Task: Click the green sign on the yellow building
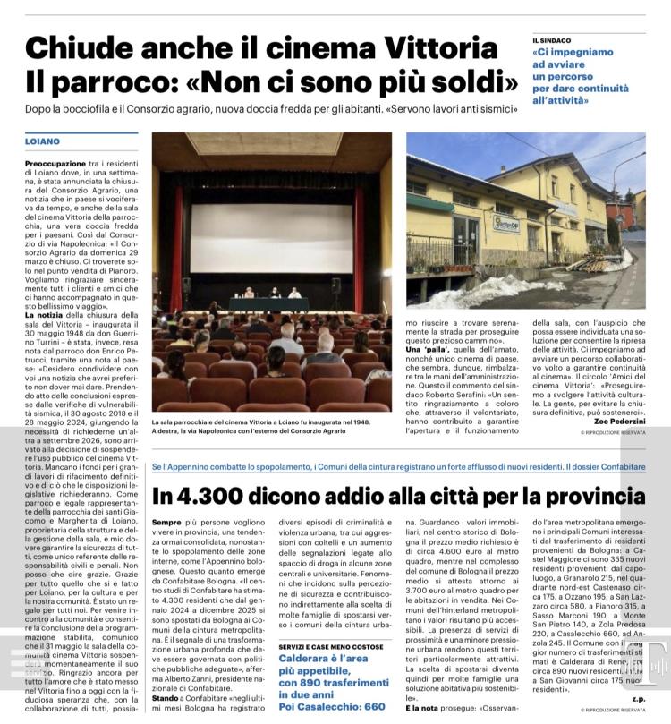507,223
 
